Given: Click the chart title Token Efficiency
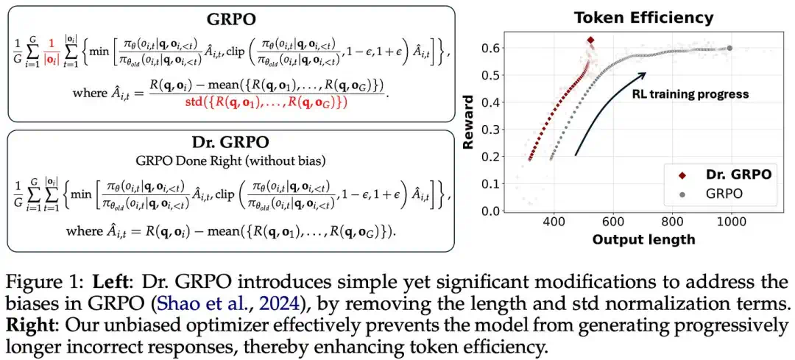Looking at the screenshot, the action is pos(643,18).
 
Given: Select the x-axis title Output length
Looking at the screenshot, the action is pos(643,239).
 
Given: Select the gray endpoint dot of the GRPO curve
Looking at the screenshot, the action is pos(730,48).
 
